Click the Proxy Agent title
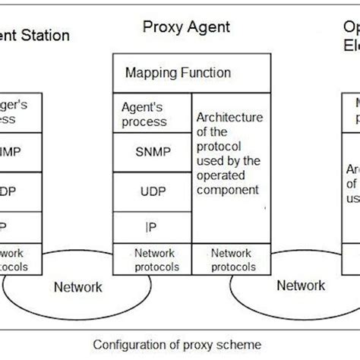[186, 28]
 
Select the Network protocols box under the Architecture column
[231, 259]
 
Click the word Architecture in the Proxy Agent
[229, 118]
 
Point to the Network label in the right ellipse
[301, 286]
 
